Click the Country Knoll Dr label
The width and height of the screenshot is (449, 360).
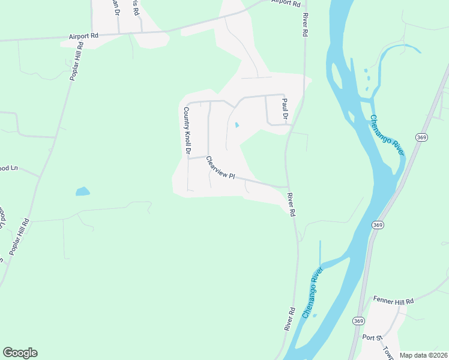(187, 130)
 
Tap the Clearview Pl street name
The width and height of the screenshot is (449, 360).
(220, 168)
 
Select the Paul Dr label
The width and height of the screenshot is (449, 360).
(285, 108)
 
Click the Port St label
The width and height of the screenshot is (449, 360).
(372, 337)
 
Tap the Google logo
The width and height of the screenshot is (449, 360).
(20, 353)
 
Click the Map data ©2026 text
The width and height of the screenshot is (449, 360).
(424, 355)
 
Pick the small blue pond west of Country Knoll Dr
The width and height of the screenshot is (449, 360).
(82, 192)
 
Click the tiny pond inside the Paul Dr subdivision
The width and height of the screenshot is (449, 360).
(236, 125)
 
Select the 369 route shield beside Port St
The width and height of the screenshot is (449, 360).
(358, 321)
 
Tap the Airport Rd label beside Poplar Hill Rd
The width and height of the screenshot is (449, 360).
(83, 36)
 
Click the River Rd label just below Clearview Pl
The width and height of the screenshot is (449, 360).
(292, 205)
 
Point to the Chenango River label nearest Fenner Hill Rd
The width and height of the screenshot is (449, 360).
(312, 293)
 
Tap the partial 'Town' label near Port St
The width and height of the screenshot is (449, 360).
(388, 353)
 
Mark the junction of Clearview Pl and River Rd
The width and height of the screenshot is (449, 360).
(288, 187)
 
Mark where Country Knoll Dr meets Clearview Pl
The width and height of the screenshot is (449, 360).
(188, 158)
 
